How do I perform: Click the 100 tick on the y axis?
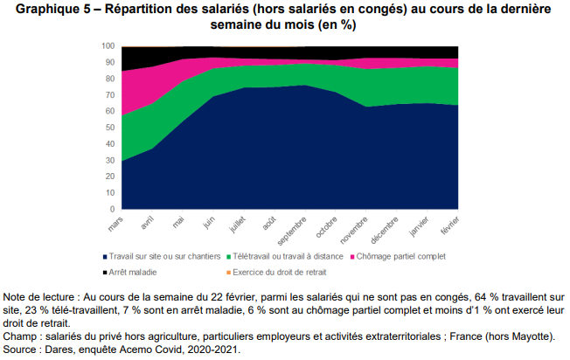click(108, 45)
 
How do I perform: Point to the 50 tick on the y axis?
click(110, 128)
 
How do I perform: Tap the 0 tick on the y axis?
click(113, 210)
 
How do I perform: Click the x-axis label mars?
click(117, 224)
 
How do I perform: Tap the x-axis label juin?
click(211, 222)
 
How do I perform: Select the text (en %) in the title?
click(334, 25)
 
